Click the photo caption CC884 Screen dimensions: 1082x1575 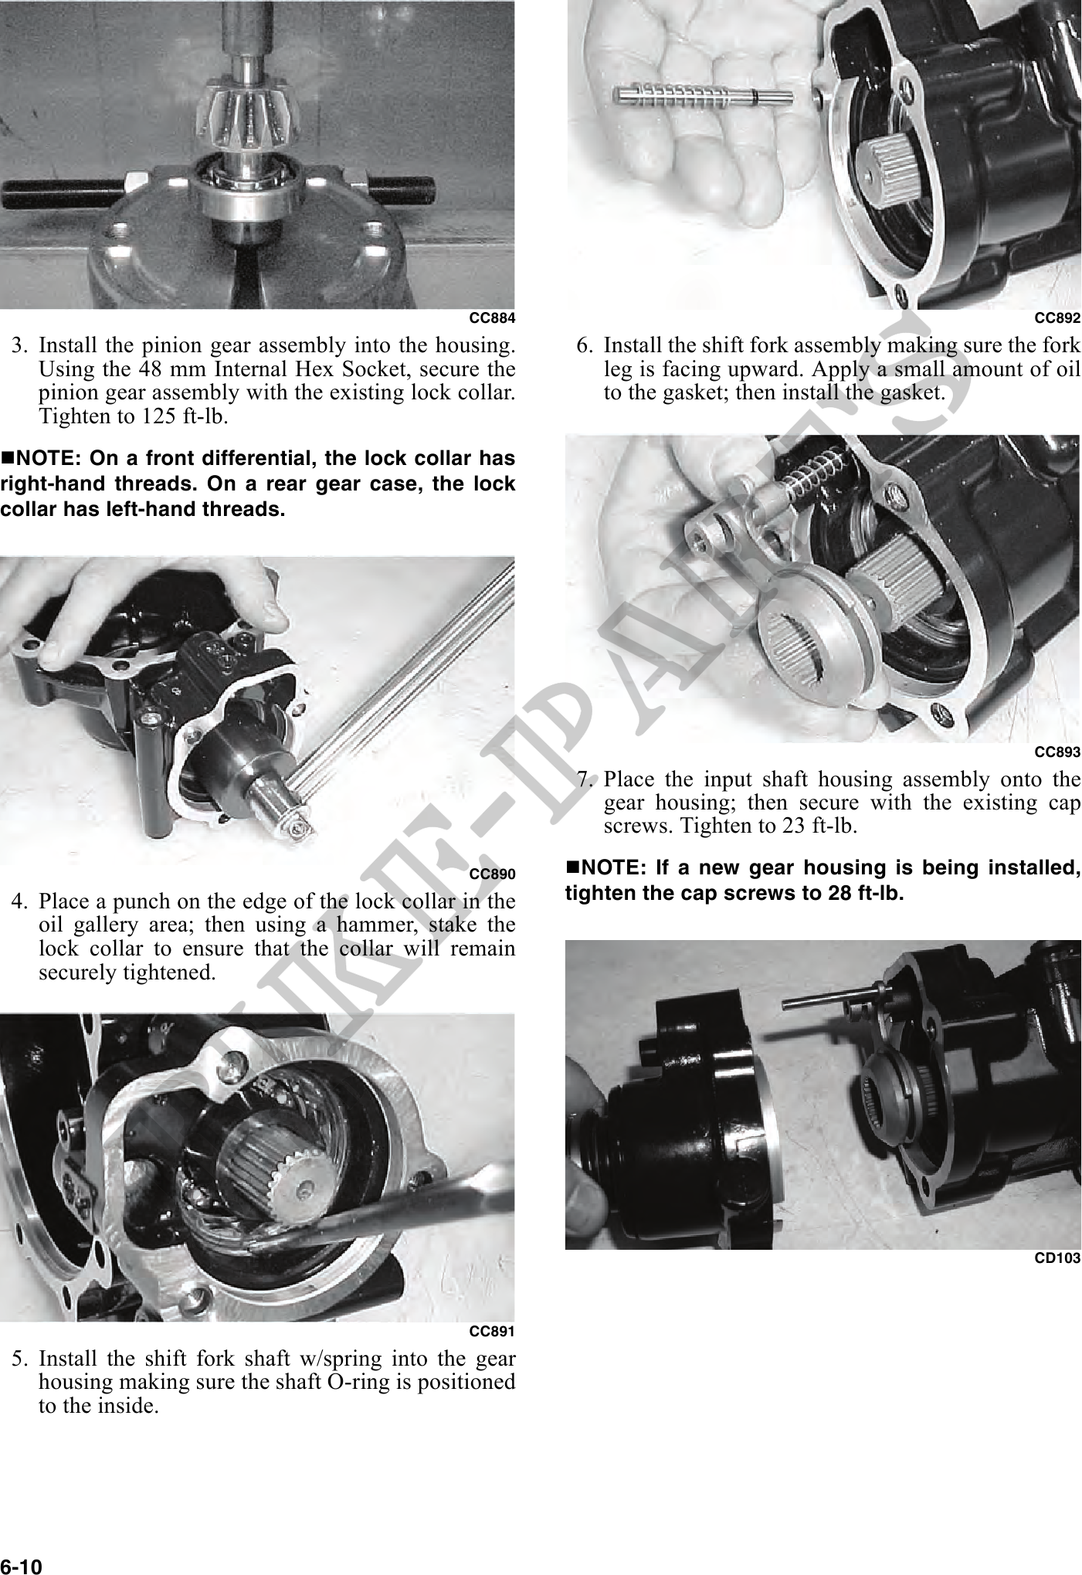click(x=492, y=318)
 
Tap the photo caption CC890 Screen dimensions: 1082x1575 click(x=492, y=874)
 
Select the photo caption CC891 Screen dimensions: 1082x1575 click(x=492, y=1331)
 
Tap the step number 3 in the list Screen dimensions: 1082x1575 click(x=21, y=343)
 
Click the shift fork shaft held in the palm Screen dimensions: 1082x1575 click(x=702, y=97)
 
